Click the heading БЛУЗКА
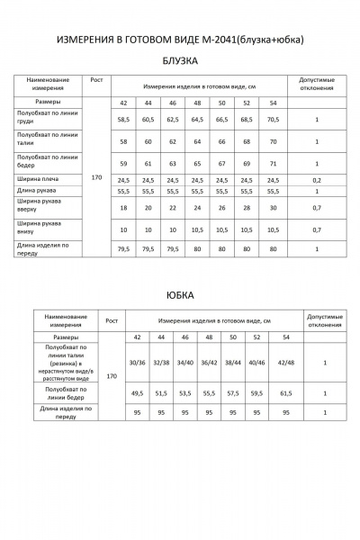pos(180,61)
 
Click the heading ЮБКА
pos(180,294)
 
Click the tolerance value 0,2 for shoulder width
pos(317,180)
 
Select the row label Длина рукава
pos(37,191)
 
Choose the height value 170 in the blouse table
pos(97,178)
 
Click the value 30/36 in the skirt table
pos(137,363)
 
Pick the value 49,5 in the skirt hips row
pos(137,393)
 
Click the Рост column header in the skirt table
pos(112,319)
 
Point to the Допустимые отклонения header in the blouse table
pos(317,84)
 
